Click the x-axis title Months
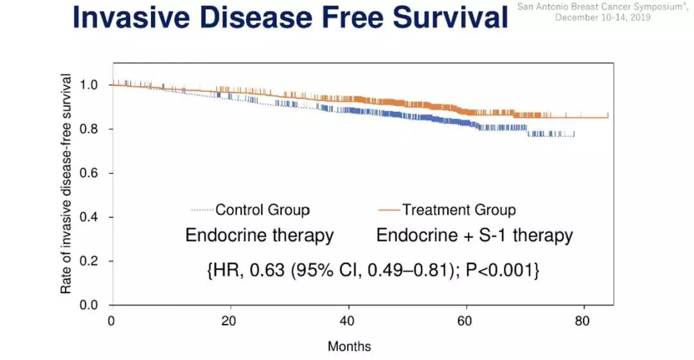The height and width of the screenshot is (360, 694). pos(349,346)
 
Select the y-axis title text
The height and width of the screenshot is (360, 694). pos(66,184)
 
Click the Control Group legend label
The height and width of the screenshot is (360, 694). pos(262,210)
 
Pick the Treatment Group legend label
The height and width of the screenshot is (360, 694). pos(459,210)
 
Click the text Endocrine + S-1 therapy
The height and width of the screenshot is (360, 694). pos(474,235)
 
